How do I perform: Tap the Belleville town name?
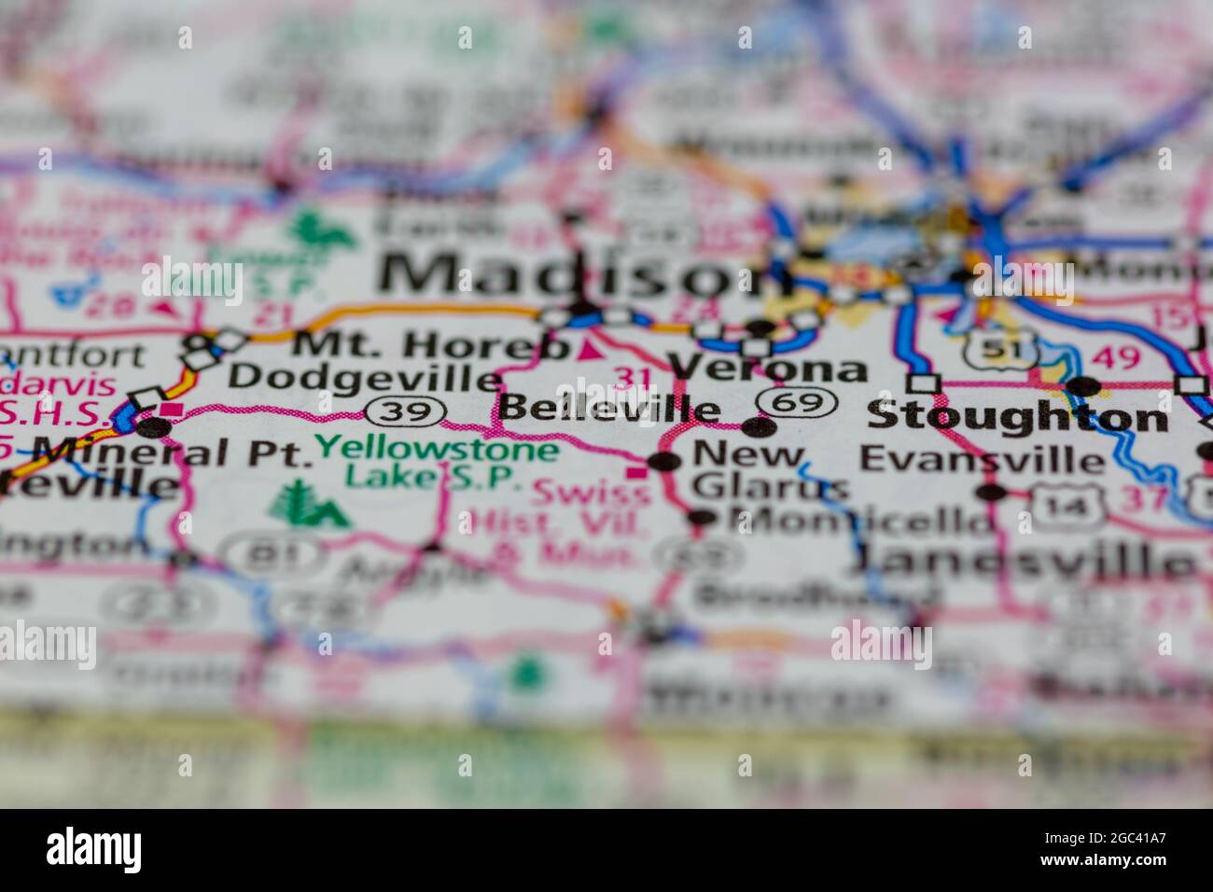click(x=608, y=409)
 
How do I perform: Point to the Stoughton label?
click(x=1017, y=417)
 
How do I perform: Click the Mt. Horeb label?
click(x=430, y=346)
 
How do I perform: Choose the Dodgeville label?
click(x=365, y=378)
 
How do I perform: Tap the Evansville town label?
click(x=982, y=459)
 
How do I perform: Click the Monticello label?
click(x=858, y=519)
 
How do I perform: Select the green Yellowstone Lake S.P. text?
click(x=437, y=463)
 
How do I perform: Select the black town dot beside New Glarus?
click(x=664, y=462)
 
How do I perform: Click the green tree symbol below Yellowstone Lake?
click(x=307, y=505)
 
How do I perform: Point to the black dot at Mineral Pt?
click(x=154, y=427)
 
